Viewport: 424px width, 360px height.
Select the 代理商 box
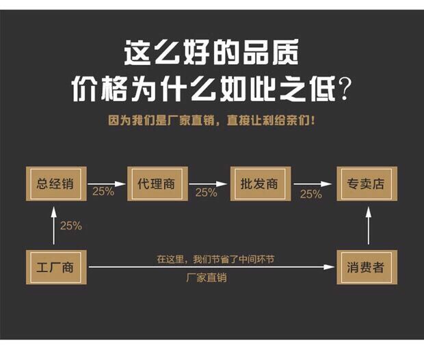(x=157, y=184)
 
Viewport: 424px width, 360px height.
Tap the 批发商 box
(x=260, y=184)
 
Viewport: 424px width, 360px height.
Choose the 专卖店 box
(x=366, y=184)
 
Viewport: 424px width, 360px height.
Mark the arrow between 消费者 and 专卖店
(x=368, y=225)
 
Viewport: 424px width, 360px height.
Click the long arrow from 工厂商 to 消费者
(x=212, y=267)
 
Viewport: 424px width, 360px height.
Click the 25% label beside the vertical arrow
(x=70, y=225)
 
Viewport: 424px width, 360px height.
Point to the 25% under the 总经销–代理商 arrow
(x=103, y=192)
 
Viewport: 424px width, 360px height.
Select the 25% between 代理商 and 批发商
(x=206, y=193)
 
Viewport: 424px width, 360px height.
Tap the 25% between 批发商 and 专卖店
(x=310, y=194)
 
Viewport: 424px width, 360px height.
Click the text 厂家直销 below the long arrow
(x=206, y=278)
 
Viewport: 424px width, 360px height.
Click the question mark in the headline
(x=347, y=89)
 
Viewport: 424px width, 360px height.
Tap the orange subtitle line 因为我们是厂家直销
(x=212, y=120)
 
